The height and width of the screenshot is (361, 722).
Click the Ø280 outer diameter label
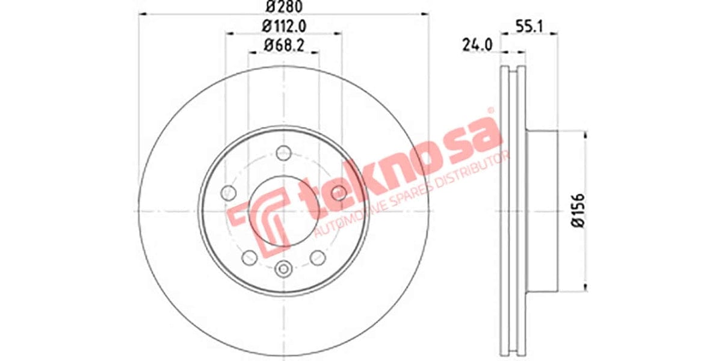coord(283,7)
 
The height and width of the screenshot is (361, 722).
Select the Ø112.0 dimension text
coord(283,26)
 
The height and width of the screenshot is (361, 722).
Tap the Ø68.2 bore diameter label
coord(283,44)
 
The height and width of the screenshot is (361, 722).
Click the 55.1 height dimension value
coord(528,26)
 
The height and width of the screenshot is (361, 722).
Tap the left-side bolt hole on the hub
coord(228,193)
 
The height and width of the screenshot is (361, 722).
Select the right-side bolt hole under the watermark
coord(339,193)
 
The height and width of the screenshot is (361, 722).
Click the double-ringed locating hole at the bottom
coord(283,270)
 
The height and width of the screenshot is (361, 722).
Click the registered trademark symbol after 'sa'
coord(490,111)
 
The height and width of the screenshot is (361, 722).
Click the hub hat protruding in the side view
coord(541,211)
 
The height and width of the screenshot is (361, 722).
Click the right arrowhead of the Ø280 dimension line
coord(425,14)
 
